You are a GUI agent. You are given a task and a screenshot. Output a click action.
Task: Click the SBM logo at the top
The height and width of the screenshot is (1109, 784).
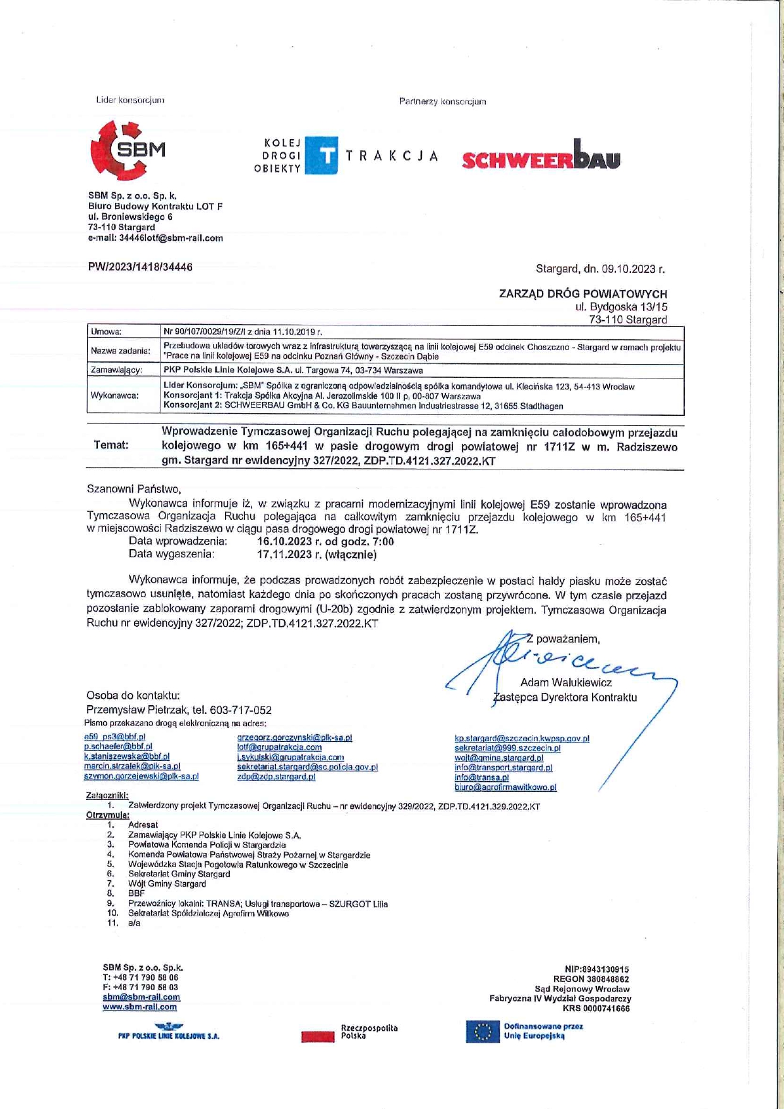[x=128, y=150]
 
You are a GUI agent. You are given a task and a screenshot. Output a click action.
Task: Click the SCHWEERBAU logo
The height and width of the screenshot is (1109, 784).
[x=541, y=156]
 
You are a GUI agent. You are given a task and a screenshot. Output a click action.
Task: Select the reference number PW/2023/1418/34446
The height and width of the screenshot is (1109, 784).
[x=140, y=267]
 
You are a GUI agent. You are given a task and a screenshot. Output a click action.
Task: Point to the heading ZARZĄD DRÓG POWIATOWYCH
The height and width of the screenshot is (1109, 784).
[x=582, y=294]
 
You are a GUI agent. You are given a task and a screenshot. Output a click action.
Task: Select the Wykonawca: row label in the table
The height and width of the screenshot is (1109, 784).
[x=115, y=396]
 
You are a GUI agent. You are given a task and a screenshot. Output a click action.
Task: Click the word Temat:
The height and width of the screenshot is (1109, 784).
[x=111, y=445]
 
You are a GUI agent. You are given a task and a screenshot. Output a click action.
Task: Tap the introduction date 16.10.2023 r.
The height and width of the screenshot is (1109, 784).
[x=290, y=542]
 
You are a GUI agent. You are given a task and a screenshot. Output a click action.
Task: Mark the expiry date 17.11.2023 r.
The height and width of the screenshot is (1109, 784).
[x=289, y=555]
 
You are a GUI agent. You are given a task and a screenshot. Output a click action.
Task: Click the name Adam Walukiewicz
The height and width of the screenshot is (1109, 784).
[x=565, y=682]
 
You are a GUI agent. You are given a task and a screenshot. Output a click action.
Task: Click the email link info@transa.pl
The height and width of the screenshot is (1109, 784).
[x=481, y=778]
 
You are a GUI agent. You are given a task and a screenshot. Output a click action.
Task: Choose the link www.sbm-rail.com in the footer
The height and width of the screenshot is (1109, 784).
[x=140, y=1007]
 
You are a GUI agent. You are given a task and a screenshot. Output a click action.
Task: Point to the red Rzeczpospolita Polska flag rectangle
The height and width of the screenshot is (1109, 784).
[x=318, y=1036]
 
